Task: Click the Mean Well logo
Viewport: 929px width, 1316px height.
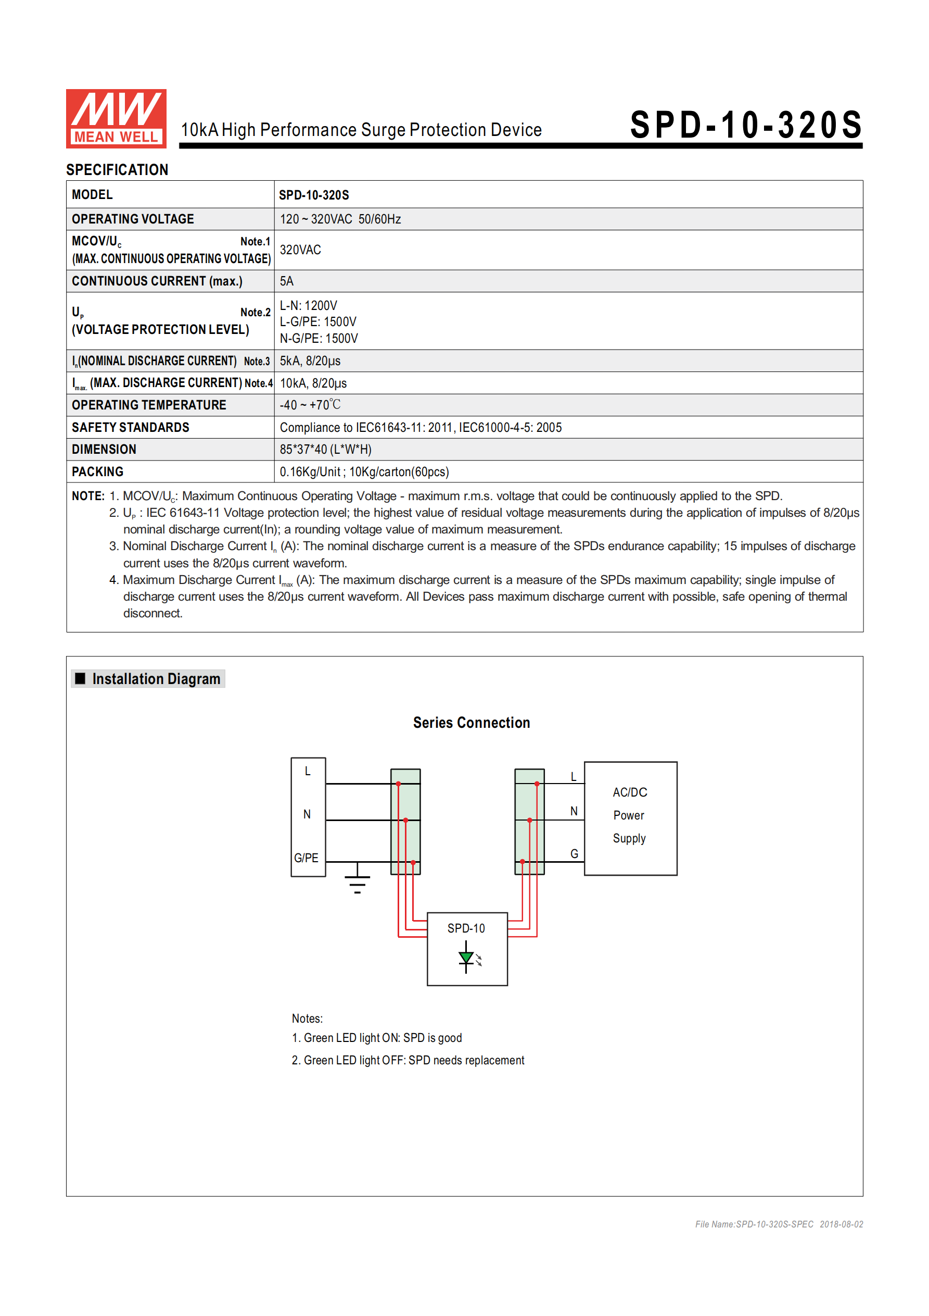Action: (x=116, y=118)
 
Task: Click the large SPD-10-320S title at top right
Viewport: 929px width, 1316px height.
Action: (x=746, y=125)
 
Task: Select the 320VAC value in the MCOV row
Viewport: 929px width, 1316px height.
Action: (x=300, y=250)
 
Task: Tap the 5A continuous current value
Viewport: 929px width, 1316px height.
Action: (x=286, y=281)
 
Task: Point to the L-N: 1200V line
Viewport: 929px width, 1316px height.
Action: (x=308, y=305)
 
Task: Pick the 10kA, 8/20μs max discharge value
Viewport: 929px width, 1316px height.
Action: (x=313, y=383)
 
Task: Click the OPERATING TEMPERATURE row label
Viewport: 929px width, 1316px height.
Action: (x=149, y=405)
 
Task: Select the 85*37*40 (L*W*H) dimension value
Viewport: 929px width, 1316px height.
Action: (x=325, y=450)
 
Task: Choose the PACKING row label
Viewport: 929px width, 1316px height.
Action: (x=97, y=471)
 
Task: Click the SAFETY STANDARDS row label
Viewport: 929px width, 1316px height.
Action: (x=130, y=427)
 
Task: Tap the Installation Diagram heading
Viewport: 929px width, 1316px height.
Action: (x=156, y=679)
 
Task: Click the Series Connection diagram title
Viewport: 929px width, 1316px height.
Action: (x=472, y=722)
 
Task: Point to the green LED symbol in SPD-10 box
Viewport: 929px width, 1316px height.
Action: (x=466, y=957)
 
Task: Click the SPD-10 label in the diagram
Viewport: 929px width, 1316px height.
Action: (x=466, y=928)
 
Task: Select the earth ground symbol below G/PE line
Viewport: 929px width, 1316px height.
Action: (x=357, y=883)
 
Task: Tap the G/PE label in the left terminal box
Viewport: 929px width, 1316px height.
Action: (x=306, y=858)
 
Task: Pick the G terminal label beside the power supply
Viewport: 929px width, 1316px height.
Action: (x=574, y=853)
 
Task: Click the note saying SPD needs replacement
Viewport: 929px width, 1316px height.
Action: (x=408, y=1060)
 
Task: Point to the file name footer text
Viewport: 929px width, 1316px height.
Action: (x=779, y=1224)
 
